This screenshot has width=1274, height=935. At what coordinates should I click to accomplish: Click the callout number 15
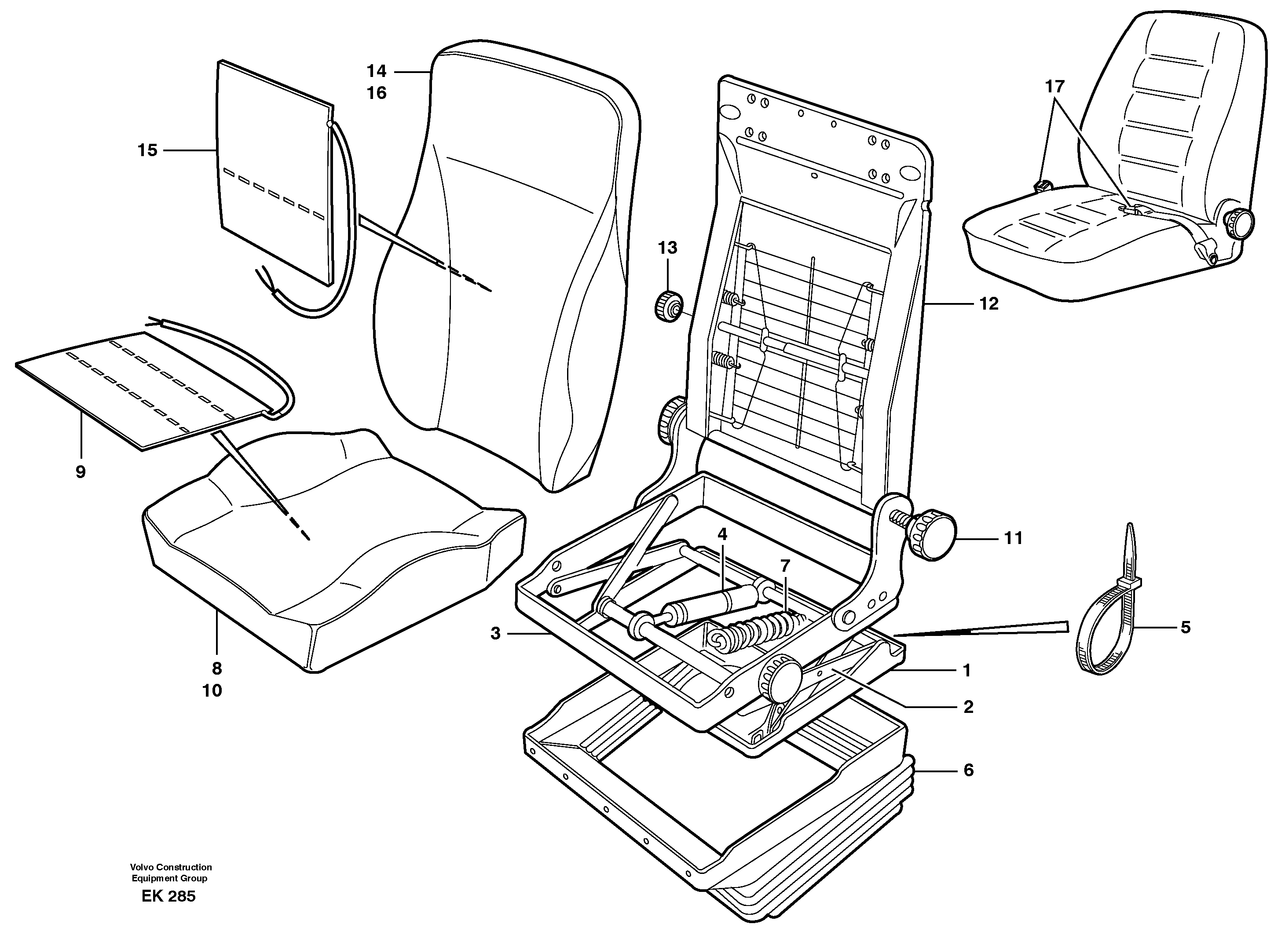[147, 150]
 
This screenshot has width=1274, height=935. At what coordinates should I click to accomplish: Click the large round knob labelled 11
[931, 534]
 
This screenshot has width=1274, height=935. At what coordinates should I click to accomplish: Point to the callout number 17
[1054, 87]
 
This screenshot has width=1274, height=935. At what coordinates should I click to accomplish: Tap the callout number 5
[1185, 627]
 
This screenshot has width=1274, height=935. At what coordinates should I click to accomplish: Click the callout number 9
[81, 471]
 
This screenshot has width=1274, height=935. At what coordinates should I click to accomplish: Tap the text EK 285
[168, 896]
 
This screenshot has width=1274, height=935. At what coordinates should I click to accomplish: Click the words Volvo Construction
[171, 867]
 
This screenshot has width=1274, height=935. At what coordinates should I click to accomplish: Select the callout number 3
[495, 633]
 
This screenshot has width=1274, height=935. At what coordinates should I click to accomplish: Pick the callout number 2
[968, 706]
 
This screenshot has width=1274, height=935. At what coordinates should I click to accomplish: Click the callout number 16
[377, 93]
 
